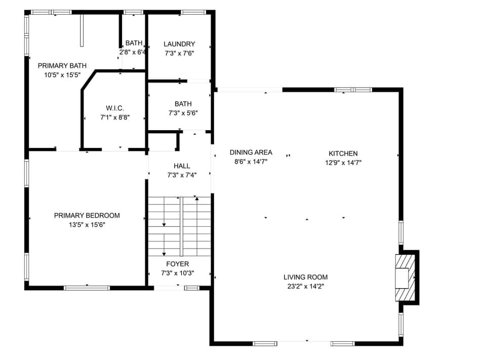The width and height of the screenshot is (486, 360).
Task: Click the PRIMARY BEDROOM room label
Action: pos(87,216)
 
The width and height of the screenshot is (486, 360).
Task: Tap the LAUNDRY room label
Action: pos(179,44)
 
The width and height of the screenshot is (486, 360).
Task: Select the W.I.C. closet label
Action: pos(115,108)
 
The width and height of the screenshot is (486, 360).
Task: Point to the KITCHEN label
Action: pos(343,153)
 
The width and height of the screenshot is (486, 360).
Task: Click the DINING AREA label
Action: pos(251,152)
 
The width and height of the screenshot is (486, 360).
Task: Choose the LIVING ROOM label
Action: pos(305,277)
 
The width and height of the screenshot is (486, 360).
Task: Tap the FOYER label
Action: pos(177,264)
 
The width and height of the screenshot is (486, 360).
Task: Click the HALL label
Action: pos(182,166)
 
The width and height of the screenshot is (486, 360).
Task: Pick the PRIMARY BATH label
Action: pos(62,65)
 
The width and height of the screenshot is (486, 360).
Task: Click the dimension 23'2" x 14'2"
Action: pos(305,286)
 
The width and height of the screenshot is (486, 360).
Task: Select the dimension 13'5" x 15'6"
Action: pos(87,225)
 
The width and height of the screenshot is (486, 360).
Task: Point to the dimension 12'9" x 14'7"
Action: pos(343,163)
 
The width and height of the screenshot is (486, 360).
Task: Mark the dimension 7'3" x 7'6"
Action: pos(179,53)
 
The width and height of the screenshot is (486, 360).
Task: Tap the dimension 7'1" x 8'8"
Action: pos(115,117)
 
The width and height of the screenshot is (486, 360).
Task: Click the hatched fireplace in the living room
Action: pos(406,277)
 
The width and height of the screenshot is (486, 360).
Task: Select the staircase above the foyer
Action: pos(179,226)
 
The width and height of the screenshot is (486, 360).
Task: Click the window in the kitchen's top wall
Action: pos(353,90)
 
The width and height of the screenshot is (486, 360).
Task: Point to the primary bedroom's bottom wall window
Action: pos(87,288)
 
